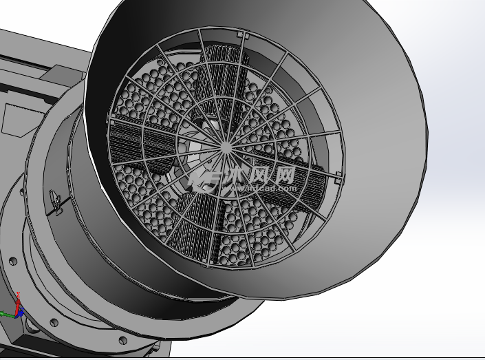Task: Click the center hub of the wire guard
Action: pos(227,145)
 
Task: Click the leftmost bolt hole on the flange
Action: pos(12,262)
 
